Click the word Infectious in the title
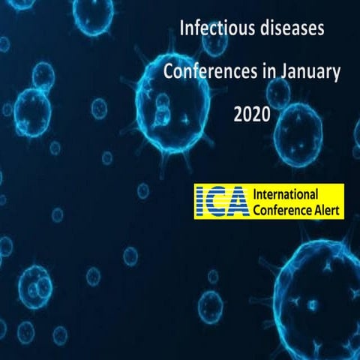(213, 31)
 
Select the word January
(308, 73)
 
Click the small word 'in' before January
(267, 73)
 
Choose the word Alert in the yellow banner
(322, 209)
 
